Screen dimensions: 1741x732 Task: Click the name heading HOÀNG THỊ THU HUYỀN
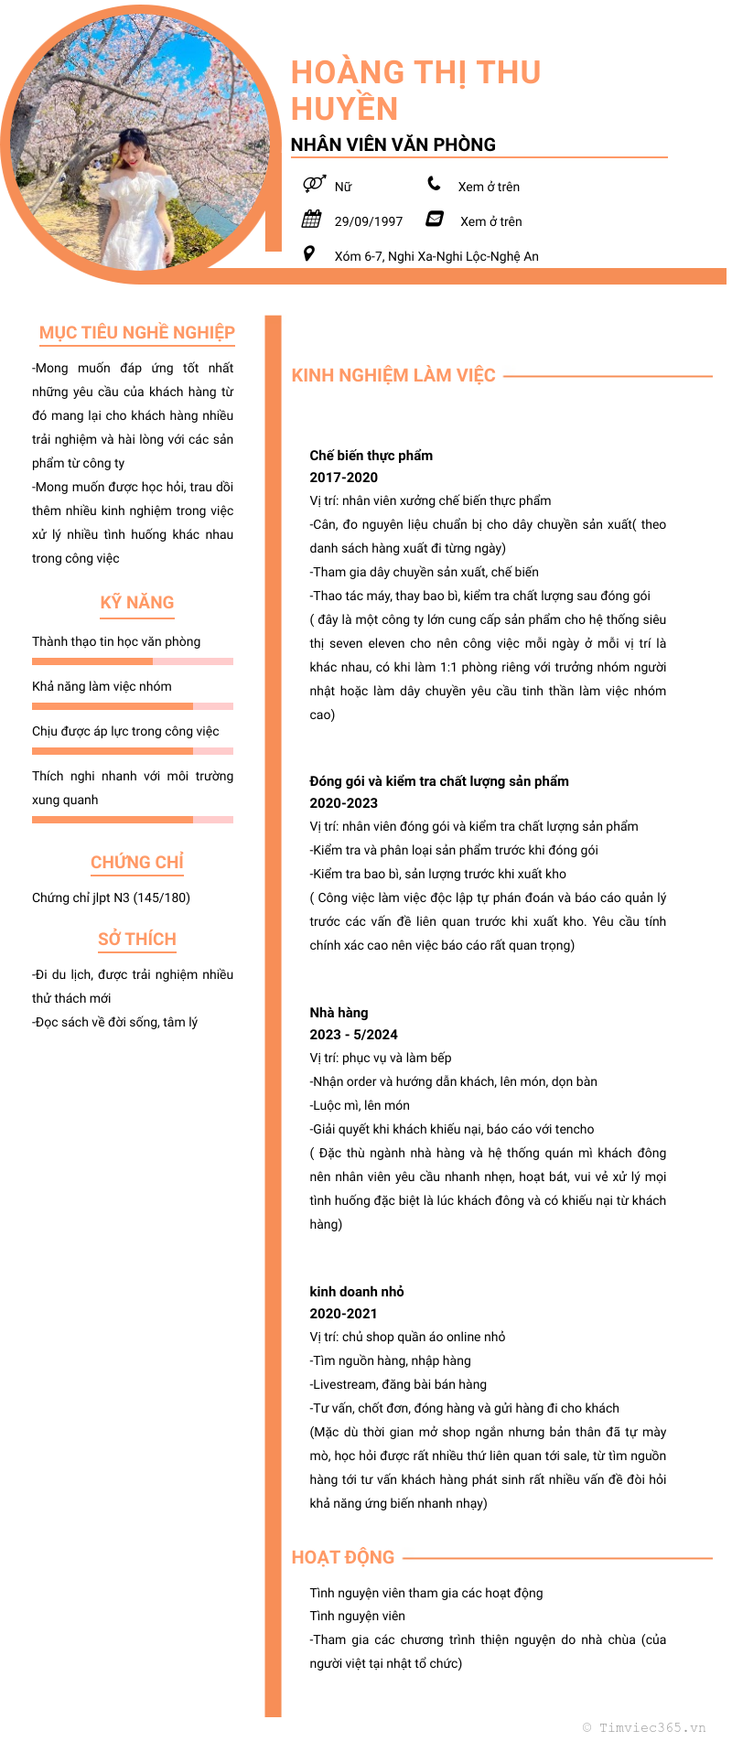(415, 90)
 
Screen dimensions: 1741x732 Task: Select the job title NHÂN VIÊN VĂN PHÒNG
(393, 145)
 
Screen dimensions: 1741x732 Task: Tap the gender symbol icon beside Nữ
(313, 184)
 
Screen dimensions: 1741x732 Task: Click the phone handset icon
(434, 184)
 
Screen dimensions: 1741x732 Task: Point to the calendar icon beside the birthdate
(312, 219)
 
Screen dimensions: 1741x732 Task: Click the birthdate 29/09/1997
(368, 221)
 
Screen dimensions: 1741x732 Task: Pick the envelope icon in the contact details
(436, 219)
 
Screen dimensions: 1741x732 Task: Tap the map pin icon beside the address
(309, 253)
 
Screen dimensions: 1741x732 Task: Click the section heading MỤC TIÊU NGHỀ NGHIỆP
(137, 332)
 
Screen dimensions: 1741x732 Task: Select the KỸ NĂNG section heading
(137, 602)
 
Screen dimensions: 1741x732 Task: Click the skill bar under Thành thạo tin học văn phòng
(133, 661)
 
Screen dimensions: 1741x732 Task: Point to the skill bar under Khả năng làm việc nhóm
(133, 706)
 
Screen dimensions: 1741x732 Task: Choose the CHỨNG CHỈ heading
(137, 862)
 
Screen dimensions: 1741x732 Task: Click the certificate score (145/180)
(162, 897)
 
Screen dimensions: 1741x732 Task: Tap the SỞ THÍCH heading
(137, 939)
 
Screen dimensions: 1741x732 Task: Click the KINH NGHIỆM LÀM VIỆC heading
(393, 375)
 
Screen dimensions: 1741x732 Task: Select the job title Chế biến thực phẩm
(371, 456)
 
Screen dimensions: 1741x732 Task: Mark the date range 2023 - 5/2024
(353, 1035)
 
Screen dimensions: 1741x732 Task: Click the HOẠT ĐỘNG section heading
(343, 1557)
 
